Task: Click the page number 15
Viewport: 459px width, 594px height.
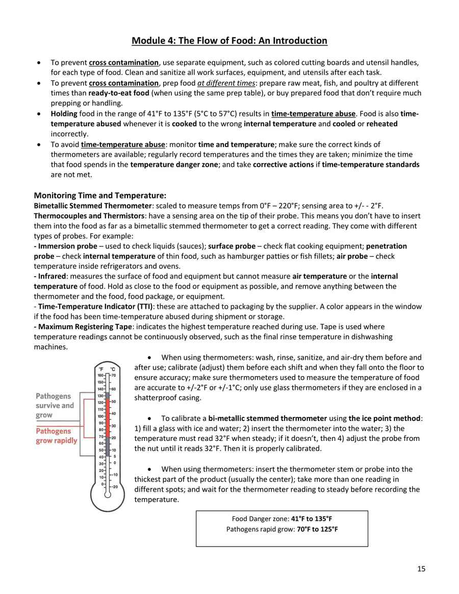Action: coord(421,569)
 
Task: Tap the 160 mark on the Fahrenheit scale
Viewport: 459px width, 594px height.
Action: coord(100,375)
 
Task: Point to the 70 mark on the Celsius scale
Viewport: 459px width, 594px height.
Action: coord(114,375)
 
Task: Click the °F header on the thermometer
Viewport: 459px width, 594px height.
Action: coord(101,369)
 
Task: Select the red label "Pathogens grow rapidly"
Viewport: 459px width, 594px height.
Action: coord(56,435)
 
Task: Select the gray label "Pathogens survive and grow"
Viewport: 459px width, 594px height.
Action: coord(55,405)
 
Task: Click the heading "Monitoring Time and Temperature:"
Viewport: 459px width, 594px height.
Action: coord(100,195)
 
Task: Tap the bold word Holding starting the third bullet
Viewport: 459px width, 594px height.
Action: coord(64,113)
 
